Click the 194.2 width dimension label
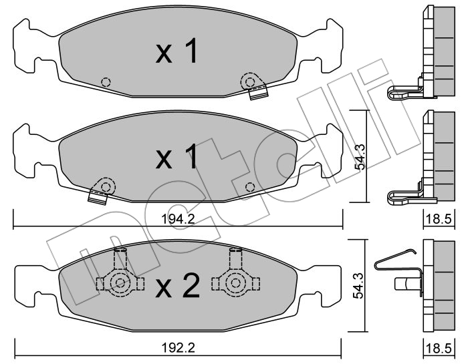pos(178,220)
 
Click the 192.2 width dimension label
pos(178,347)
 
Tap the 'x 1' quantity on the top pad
pos(177,51)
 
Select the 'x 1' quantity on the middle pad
pos(177,156)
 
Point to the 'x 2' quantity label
pos(178,287)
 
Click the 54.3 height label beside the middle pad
pos(361,157)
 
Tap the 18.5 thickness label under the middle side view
pos(439,220)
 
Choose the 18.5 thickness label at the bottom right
pos(439,347)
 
